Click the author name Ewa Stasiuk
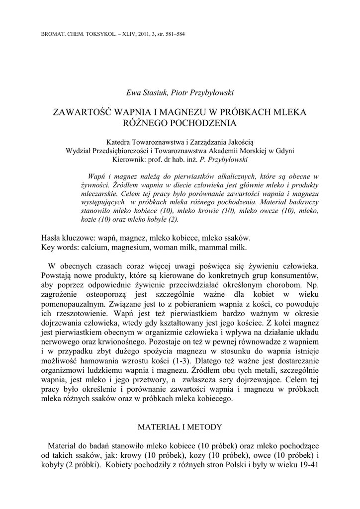146,92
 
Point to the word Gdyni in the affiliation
284,151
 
